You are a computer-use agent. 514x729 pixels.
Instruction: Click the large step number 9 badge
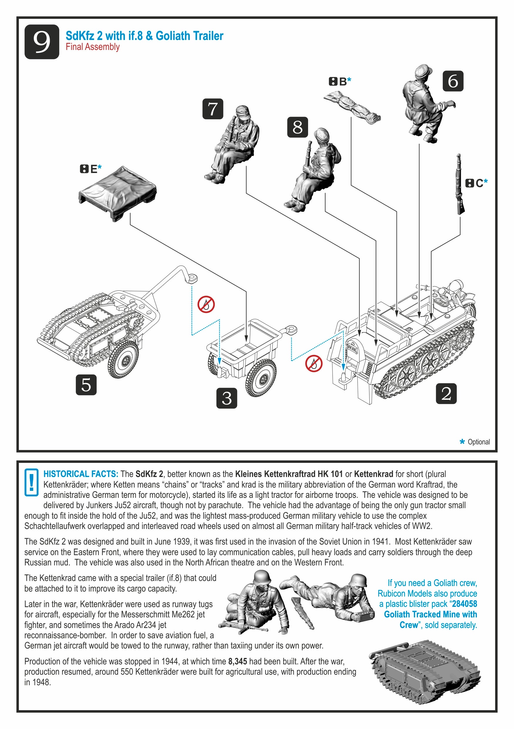click(x=42, y=42)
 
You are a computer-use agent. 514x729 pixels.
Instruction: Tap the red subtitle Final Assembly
click(x=93, y=47)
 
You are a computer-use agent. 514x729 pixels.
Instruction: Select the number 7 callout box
click(x=213, y=109)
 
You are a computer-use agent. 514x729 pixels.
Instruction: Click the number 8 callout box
click(x=298, y=127)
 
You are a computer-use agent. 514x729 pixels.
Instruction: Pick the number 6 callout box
click(x=453, y=81)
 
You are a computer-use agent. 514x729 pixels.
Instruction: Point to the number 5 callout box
click(x=86, y=385)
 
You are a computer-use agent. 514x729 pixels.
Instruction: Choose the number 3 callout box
click(x=227, y=398)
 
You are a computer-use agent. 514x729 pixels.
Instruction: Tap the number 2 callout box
click(x=446, y=394)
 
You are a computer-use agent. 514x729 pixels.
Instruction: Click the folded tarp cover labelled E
click(x=117, y=193)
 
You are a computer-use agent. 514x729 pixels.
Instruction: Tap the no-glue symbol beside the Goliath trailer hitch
click(x=206, y=305)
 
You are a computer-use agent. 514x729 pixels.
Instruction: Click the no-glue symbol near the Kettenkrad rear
click(x=314, y=364)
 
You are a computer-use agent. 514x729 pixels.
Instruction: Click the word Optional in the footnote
click(x=479, y=442)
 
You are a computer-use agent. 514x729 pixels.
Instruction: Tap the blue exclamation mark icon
click(x=31, y=482)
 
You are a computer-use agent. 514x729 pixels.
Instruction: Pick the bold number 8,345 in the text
click(x=238, y=661)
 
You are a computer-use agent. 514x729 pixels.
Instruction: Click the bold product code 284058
click(x=464, y=604)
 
